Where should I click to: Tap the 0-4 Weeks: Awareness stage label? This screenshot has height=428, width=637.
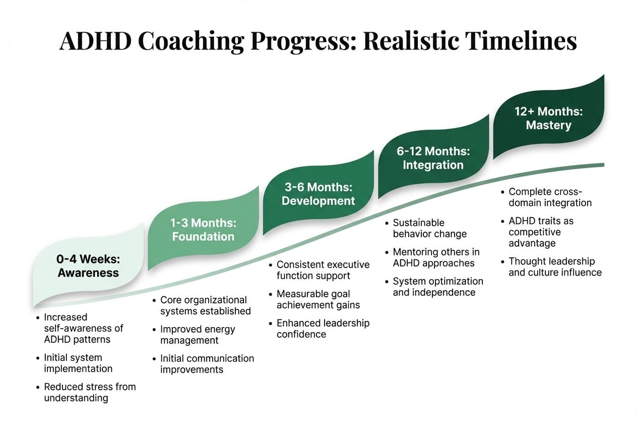click(x=88, y=266)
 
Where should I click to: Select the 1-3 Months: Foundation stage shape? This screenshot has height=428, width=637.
click(x=203, y=229)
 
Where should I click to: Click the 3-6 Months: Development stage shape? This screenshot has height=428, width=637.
click(x=318, y=194)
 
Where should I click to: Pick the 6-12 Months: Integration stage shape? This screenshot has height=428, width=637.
click(x=433, y=158)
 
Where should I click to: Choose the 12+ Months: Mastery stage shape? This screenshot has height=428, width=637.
click(x=548, y=118)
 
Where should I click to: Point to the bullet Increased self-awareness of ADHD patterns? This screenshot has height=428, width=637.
click(x=83, y=328)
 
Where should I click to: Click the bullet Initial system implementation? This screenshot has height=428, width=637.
click(x=78, y=363)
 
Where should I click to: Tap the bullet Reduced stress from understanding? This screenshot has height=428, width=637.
click(x=89, y=392)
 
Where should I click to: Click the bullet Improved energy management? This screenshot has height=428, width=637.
click(x=197, y=335)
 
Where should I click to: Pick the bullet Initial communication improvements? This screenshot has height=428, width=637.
click(x=207, y=363)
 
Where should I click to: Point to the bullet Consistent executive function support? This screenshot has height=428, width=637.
click(x=323, y=270)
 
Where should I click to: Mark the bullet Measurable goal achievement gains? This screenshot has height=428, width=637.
click(x=318, y=299)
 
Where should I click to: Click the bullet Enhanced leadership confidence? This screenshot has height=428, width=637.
click(x=323, y=328)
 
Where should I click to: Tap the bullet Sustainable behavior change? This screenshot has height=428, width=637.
click(x=429, y=228)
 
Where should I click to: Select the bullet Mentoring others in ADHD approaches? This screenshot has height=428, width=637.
click(x=436, y=257)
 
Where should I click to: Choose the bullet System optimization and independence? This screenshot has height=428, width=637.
click(x=437, y=287)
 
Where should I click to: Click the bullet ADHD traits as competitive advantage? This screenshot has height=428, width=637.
click(x=541, y=232)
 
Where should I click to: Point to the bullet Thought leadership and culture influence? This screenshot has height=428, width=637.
click(x=554, y=266)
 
